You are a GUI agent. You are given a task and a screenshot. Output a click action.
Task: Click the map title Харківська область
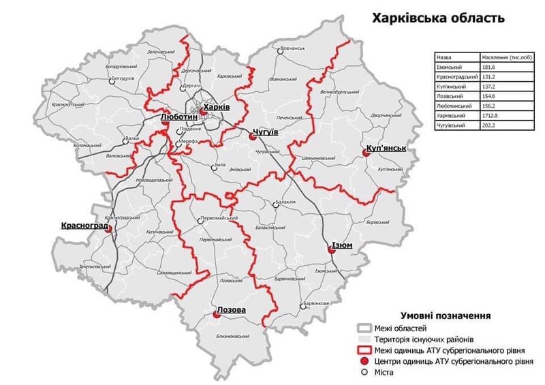pyautogui.click(x=438, y=18)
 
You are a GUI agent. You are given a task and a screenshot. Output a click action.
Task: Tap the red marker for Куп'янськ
pyautogui.click(x=366, y=155)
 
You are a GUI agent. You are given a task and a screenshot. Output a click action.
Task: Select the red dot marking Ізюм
pyautogui.click(x=332, y=250)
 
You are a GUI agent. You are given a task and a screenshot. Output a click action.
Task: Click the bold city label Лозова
pyautogui.click(x=230, y=310)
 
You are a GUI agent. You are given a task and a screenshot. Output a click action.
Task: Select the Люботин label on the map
pyautogui.click(x=178, y=117)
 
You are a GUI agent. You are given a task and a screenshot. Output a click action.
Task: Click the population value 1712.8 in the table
pyautogui.click(x=490, y=117)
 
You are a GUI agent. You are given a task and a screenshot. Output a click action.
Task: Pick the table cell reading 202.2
pyautogui.click(x=490, y=126)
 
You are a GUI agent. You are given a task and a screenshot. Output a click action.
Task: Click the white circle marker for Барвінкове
pyautogui.click(x=300, y=305)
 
